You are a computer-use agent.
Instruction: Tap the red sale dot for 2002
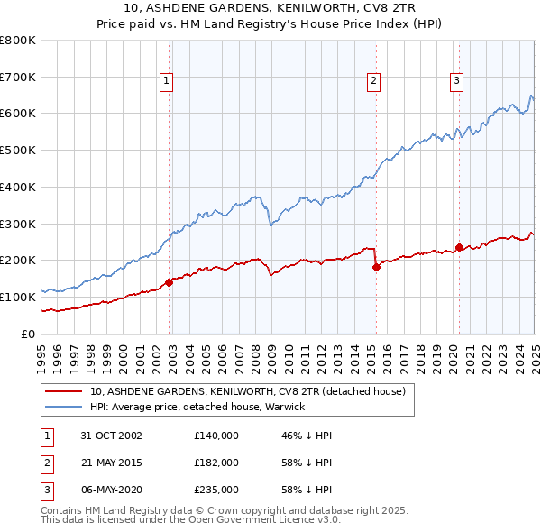[x=170, y=282]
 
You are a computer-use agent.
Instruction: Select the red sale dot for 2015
[x=376, y=267]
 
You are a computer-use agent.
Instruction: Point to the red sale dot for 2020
[x=459, y=247]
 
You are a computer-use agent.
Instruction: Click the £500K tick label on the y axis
[x=18, y=151]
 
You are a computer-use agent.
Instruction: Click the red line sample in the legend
[x=63, y=391]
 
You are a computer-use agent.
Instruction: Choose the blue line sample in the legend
[x=63, y=407]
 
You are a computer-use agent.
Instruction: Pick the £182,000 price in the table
[x=216, y=462]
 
